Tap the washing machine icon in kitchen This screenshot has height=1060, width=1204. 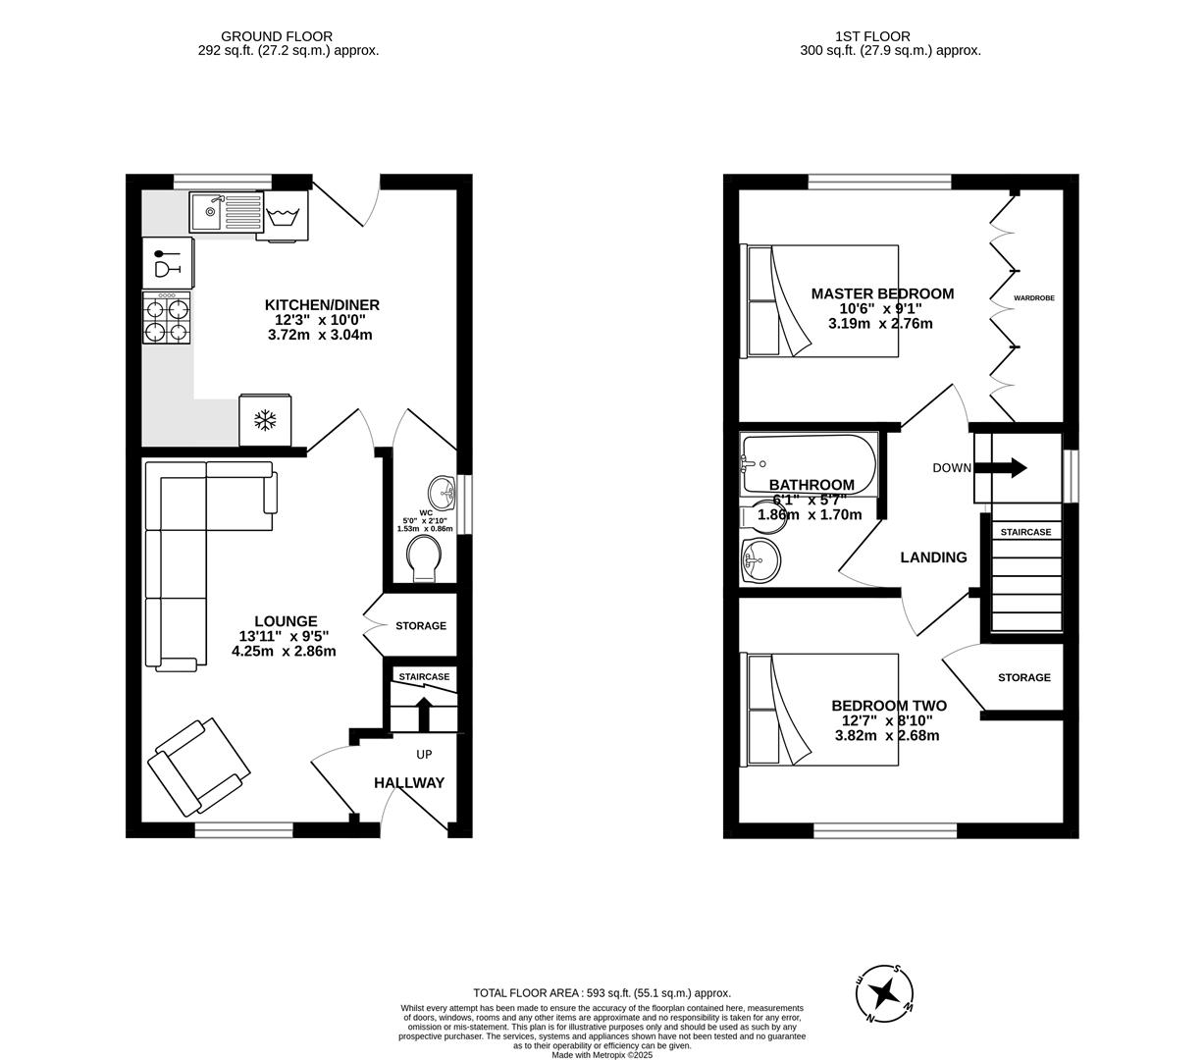click(288, 215)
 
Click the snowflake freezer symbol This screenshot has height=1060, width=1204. click(265, 421)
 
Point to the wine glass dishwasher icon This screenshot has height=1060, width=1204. click(168, 263)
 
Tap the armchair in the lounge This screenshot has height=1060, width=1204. click(199, 767)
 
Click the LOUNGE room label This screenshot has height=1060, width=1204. click(286, 621)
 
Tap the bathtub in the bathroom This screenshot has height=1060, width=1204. click(810, 463)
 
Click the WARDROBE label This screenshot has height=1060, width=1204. click(1034, 297)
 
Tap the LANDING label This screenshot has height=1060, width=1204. click(933, 557)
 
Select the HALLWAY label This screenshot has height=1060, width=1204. click(409, 783)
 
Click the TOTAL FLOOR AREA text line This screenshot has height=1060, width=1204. click(602, 992)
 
